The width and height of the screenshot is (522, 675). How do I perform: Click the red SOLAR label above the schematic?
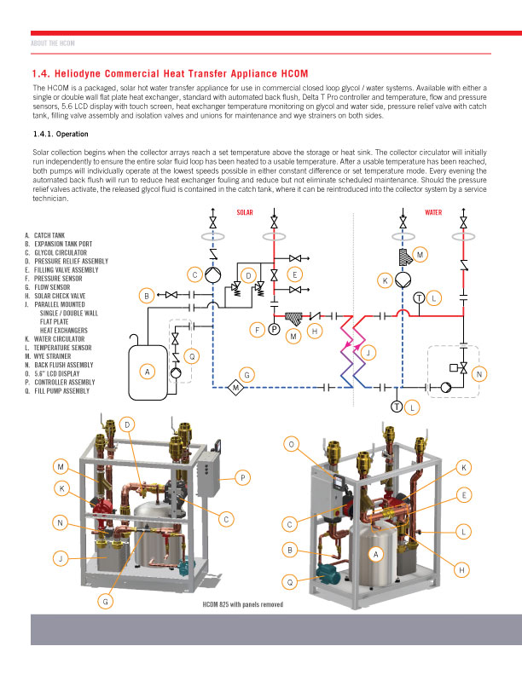[245, 212]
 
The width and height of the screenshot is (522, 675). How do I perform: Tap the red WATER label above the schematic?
[433, 212]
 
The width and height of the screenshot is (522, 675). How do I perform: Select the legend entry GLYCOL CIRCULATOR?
[56, 252]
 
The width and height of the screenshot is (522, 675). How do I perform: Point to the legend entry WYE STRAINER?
[48, 356]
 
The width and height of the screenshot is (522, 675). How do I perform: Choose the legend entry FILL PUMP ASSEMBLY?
[57, 391]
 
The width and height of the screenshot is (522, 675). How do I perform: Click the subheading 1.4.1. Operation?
[61, 134]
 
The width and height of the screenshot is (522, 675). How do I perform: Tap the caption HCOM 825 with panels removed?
[243, 604]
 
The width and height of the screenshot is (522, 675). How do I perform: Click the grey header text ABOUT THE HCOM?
[53, 43]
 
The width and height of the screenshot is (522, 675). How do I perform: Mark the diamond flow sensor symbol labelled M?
[235, 388]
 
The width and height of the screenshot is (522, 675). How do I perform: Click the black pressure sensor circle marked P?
[275, 329]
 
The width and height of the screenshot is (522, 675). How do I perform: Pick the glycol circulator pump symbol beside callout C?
[212, 274]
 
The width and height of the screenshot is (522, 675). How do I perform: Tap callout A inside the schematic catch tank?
[148, 372]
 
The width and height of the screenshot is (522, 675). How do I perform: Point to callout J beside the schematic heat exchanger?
[368, 353]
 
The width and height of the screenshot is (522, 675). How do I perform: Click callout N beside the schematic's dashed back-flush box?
[479, 374]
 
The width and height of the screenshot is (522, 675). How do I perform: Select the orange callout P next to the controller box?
[243, 477]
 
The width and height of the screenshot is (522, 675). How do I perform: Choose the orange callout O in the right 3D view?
[292, 444]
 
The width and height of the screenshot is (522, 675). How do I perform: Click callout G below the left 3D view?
[106, 601]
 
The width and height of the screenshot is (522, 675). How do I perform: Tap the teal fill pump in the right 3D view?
[329, 572]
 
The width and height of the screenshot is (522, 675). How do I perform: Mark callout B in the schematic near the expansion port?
[147, 296]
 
